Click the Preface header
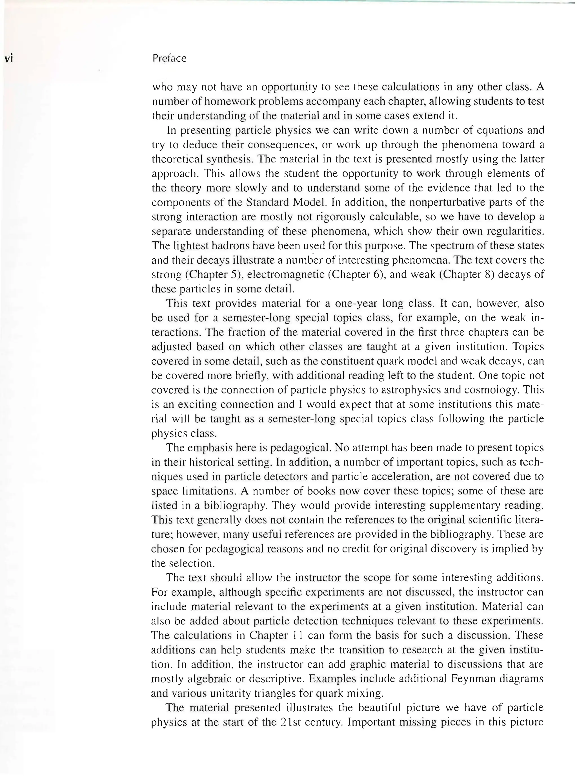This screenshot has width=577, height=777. pos(169,58)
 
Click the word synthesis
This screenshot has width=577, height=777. pos(229,159)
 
